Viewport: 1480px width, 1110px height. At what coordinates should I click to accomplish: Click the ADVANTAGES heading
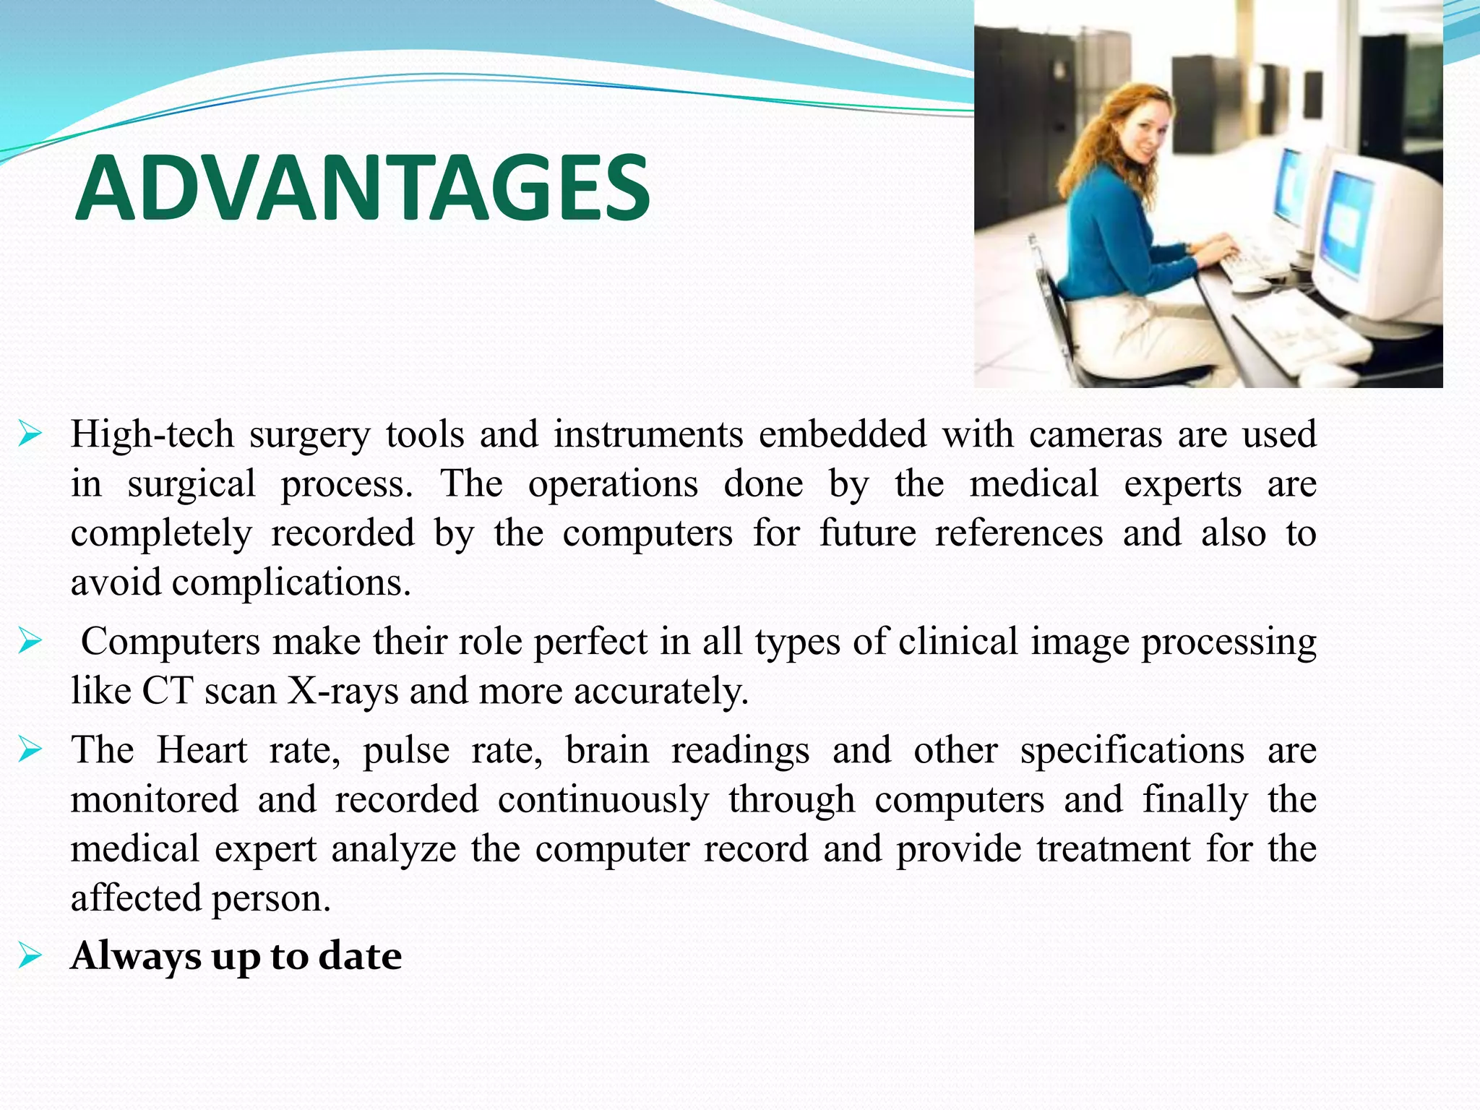[363, 189]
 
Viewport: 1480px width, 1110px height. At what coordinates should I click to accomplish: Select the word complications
[291, 582]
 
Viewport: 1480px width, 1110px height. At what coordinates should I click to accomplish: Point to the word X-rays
[343, 691]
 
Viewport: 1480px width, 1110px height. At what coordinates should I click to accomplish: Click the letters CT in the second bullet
[167, 691]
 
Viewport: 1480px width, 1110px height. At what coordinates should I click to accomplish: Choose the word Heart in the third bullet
[202, 750]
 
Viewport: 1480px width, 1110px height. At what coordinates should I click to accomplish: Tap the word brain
[607, 750]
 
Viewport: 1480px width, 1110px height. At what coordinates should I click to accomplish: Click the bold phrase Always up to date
[236, 956]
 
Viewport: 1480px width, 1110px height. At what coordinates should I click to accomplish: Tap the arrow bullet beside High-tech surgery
[31, 435]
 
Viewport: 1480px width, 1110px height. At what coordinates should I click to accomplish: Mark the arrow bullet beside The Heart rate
[31, 750]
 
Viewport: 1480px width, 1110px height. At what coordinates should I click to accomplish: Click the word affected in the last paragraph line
[136, 899]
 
